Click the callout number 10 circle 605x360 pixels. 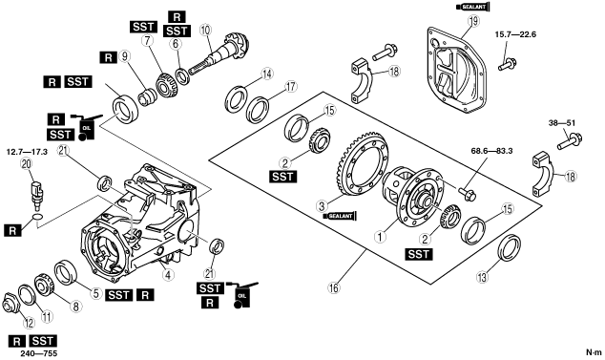[206, 30]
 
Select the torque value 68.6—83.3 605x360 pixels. [491, 151]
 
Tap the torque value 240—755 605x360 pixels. [38, 354]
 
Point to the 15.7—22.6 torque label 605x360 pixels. [515, 34]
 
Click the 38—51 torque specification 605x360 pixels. [562, 123]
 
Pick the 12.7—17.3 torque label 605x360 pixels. [27, 152]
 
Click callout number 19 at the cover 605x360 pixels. [473, 21]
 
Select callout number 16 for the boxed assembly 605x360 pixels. [334, 287]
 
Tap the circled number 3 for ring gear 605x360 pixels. [323, 206]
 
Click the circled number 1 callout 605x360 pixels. [381, 236]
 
